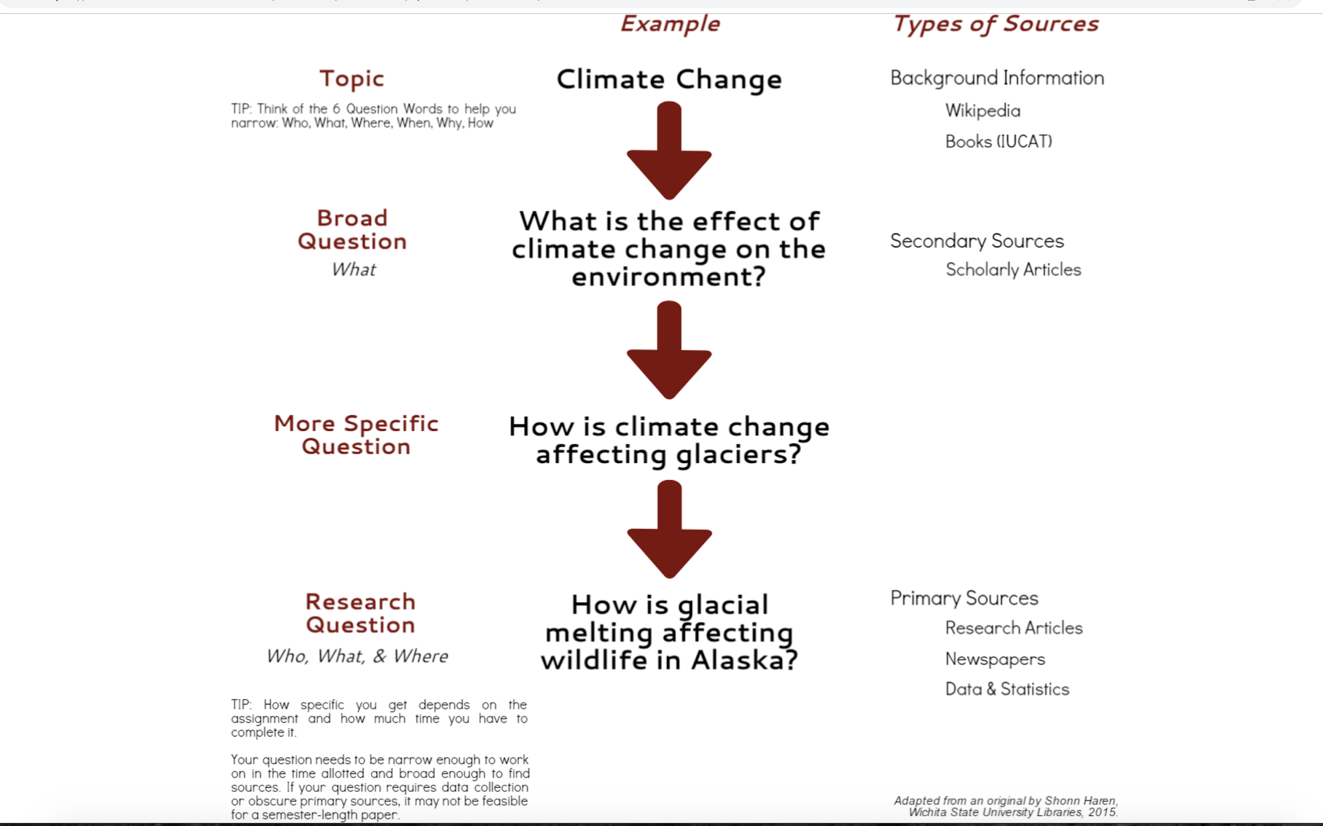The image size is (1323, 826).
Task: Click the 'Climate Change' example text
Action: coord(669,80)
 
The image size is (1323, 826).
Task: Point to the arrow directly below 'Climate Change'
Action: coord(669,150)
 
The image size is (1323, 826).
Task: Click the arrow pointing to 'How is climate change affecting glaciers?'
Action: coord(669,350)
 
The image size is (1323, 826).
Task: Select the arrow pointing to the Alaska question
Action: coord(669,529)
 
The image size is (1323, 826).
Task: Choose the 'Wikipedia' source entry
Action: coord(983,110)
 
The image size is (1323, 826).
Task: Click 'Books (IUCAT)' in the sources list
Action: coord(999,141)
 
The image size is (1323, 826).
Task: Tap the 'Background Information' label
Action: coord(997,78)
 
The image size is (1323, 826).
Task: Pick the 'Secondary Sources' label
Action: coord(977,241)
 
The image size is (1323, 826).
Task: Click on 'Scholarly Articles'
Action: coord(1013,269)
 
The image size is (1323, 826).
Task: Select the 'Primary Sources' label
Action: coord(964,598)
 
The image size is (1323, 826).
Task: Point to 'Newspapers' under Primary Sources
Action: coord(995,659)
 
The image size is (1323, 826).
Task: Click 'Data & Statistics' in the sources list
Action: coord(1007,689)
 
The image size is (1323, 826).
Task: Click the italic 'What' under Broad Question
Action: coord(354,269)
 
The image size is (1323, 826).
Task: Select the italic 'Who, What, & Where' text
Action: coord(357,656)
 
